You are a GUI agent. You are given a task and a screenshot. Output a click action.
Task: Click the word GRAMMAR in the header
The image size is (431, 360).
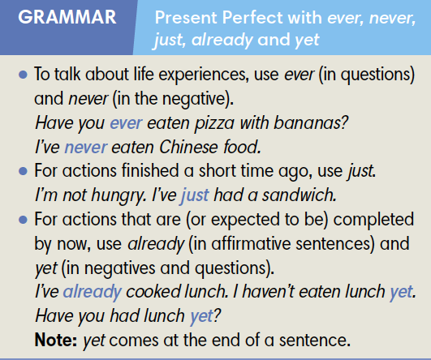(61, 18)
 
